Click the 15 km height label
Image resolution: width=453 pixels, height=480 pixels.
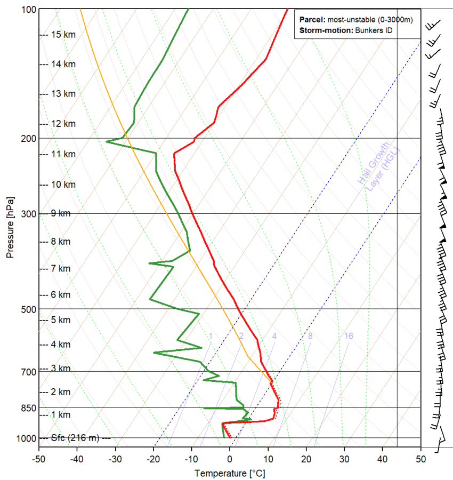pos(63,35)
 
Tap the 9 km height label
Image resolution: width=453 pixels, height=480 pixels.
pos(61,213)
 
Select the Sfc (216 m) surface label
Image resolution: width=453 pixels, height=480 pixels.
pos(75,438)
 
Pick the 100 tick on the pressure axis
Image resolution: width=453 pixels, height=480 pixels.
pos(29,10)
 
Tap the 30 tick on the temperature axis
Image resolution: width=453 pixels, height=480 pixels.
pos(344,458)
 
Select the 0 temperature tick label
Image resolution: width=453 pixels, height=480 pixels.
pos(230,458)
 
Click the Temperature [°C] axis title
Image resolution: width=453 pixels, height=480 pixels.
pos(230,473)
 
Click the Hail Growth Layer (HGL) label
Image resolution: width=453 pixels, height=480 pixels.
pos(378,165)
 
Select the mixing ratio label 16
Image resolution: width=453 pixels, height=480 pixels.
pos(349,336)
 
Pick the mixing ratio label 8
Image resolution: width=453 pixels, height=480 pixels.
pos(310,336)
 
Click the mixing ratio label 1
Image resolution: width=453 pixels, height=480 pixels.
pos(211,336)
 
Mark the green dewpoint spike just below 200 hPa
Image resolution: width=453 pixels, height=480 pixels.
pos(108,141)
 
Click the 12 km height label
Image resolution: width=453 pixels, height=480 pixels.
pos(63,124)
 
